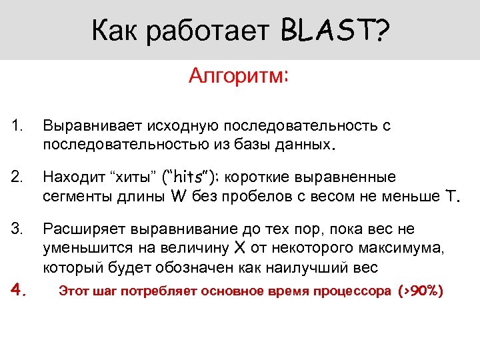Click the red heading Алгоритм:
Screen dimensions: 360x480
point(239,76)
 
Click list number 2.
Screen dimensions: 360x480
point(17,177)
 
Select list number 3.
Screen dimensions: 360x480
point(17,229)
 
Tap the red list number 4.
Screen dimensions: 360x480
point(19,290)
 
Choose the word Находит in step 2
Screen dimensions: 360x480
point(72,177)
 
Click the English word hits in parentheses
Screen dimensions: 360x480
point(191,177)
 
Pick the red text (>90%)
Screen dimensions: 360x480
point(420,291)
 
